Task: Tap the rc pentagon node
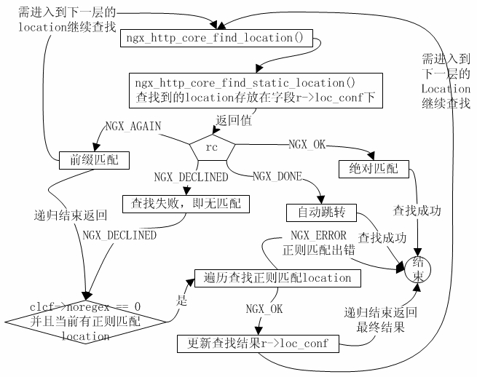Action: coord(212,147)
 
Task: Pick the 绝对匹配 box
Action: coord(369,169)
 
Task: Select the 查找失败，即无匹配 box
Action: coord(186,204)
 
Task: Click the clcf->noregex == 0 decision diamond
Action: coord(86,321)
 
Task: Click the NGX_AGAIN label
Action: coord(133,126)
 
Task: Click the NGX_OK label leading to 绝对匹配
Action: coord(307,144)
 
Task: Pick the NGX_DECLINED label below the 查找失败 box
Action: coord(119,235)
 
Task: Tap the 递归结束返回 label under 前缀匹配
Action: coord(71,215)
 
